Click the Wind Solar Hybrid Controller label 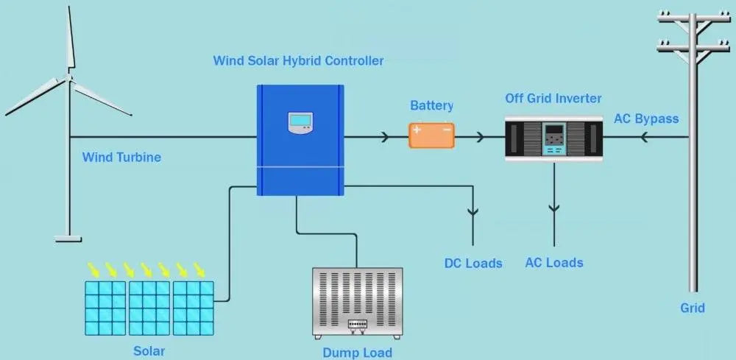(x=298, y=60)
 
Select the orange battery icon (x=432, y=135)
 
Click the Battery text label (x=431, y=106)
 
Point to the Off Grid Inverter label (x=553, y=98)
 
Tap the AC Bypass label (x=646, y=119)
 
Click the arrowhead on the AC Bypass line (x=645, y=137)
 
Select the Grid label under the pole (x=692, y=308)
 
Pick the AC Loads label (x=553, y=263)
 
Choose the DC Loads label (x=473, y=263)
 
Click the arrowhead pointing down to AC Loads (x=554, y=209)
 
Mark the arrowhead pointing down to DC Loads (x=473, y=212)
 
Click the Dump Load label (x=357, y=353)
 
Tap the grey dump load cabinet (x=358, y=303)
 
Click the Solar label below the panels (x=149, y=351)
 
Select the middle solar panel (x=149, y=308)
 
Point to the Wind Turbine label (x=121, y=157)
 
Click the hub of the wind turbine (x=68, y=76)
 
